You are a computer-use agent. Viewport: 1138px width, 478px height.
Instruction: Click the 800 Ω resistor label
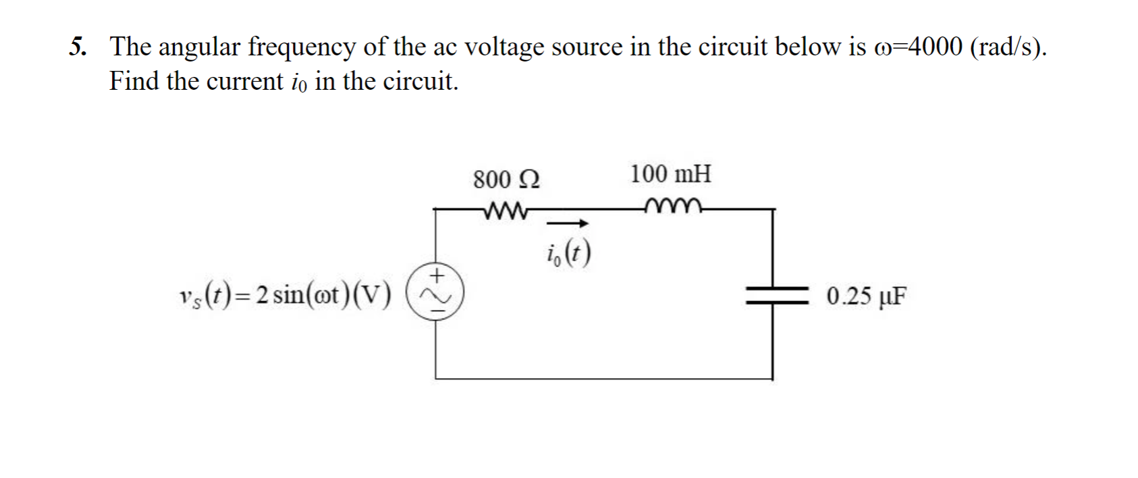(x=506, y=180)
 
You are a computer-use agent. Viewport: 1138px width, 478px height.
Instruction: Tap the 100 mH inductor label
(x=670, y=174)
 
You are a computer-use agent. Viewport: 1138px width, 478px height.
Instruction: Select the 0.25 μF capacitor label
(x=867, y=296)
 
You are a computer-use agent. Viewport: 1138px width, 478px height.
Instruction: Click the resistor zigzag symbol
(x=506, y=210)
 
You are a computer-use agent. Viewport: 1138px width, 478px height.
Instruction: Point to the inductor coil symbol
(x=674, y=206)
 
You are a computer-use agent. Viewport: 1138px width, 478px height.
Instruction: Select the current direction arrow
(x=568, y=223)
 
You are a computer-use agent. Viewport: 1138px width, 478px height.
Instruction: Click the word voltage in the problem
(x=504, y=47)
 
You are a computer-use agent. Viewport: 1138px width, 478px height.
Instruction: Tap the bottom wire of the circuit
(x=604, y=379)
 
